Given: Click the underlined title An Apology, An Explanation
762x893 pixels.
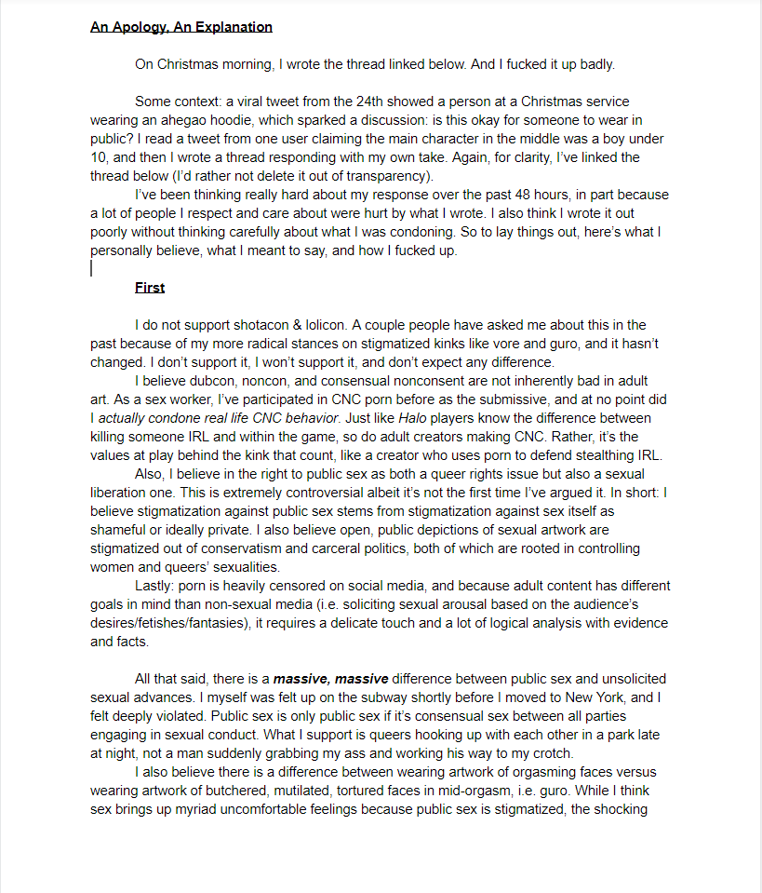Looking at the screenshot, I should coord(181,27).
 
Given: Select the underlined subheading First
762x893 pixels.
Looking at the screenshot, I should coord(150,288).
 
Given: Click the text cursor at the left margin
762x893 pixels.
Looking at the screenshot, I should coord(91,268).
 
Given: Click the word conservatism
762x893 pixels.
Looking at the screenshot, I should coord(278,548).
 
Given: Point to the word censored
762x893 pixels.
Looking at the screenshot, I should coord(280,586).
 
